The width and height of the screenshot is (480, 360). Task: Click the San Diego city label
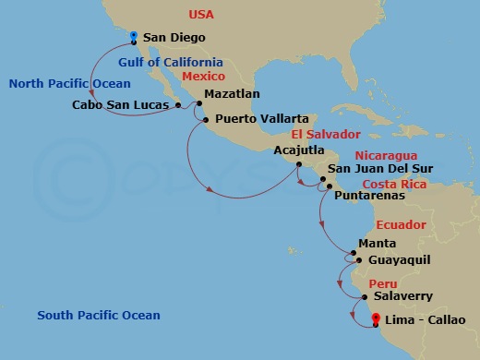tap(174, 38)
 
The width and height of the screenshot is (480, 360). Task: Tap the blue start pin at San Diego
tap(134, 37)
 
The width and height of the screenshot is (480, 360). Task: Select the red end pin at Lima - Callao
tap(376, 321)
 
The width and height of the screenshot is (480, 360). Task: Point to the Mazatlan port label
tap(232, 93)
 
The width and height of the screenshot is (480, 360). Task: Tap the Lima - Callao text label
tap(426, 321)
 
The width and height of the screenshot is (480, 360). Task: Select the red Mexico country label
tap(203, 77)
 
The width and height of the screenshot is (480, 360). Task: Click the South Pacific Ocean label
tap(99, 316)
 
